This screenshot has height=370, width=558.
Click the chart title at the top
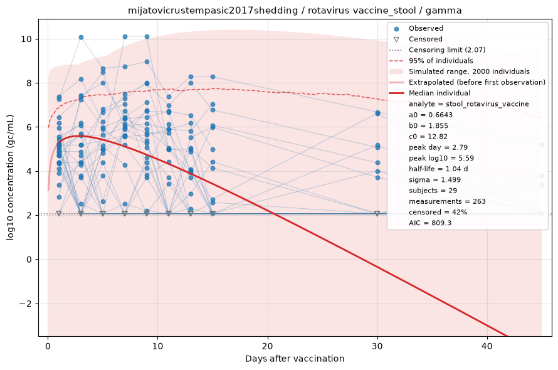click(295, 10)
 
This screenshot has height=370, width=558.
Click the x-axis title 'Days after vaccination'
click(295, 359)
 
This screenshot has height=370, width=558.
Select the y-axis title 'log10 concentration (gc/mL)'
click(10, 177)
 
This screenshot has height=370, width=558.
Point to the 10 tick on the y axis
click(26, 39)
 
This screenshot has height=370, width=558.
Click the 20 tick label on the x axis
click(267, 346)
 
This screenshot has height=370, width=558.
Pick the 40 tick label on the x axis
click(487, 346)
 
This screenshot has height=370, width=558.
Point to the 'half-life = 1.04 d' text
click(438, 169)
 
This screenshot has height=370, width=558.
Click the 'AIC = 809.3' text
click(430, 223)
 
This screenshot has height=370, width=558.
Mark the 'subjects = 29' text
click(433, 191)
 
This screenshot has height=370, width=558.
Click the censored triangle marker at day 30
click(377, 214)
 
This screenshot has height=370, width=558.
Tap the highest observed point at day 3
click(81, 38)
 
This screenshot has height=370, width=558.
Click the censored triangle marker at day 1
click(59, 214)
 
